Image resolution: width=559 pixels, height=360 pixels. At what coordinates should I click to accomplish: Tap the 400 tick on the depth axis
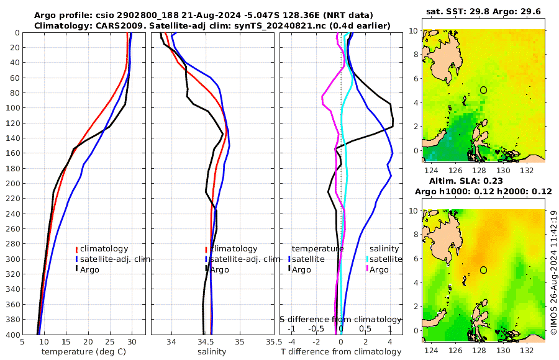(x=12, y=335)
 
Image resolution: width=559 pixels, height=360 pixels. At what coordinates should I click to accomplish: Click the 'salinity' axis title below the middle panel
(x=212, y=352)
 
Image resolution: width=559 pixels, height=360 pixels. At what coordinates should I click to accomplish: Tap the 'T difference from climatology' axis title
(x=340, y=352)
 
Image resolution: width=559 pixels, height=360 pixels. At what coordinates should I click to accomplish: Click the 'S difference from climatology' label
(x=340, y=319)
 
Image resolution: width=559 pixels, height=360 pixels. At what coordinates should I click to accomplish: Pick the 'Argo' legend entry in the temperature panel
(x=89, y=269)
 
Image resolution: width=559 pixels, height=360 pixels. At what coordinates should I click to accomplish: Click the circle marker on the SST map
(x=483, y=90)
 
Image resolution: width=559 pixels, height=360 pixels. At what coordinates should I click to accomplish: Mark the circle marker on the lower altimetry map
(x=483, y=270)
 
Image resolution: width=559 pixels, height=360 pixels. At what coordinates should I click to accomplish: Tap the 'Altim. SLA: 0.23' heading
(x=484, y=181)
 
